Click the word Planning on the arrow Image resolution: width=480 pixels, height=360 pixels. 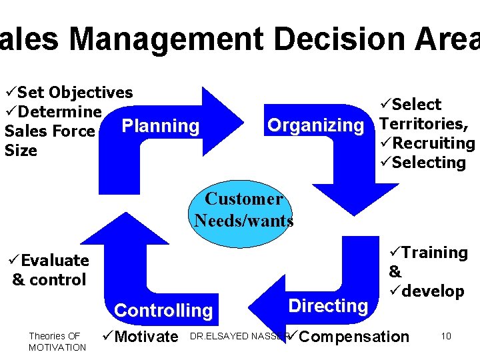click(161, 126)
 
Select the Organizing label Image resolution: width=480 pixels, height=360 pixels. click(315, 125)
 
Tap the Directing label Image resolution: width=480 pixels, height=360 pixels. click(327, 306)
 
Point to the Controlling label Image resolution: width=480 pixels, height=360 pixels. click(163, 311)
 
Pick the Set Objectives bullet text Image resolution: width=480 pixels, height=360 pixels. click(75, 93)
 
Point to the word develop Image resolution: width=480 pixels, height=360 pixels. click(432, 291)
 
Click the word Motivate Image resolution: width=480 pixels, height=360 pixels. click(146, 337)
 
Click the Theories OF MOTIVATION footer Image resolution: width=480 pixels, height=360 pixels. click(57, 341)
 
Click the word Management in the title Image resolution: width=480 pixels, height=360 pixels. click(166, 39)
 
